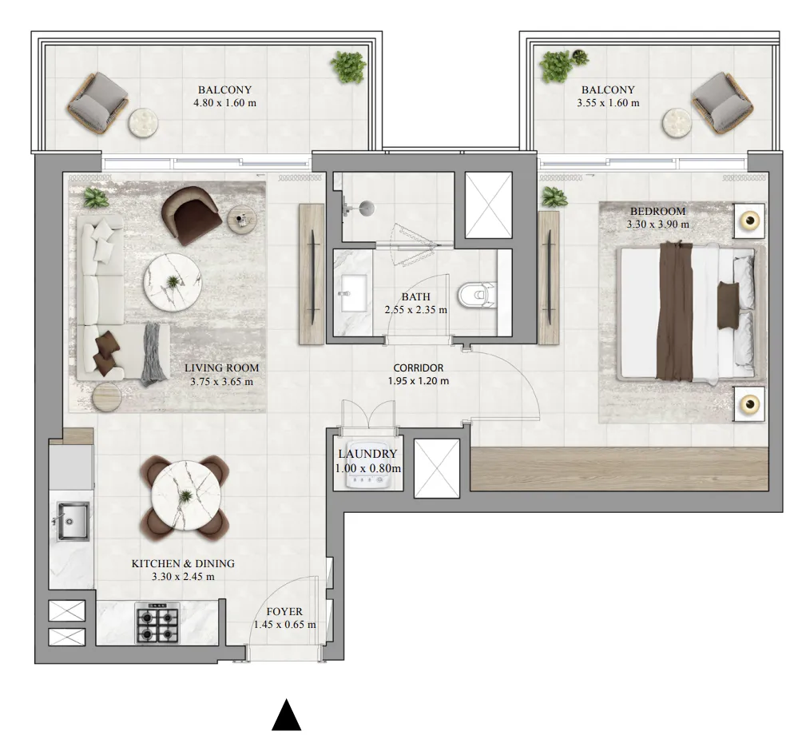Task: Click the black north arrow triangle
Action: [x=287, y=715]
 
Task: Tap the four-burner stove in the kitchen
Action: [x=157, y=623]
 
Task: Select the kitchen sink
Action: [x=73, y=521]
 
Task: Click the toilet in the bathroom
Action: [x=477, y=295]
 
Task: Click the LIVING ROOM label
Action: [x=221, y=368]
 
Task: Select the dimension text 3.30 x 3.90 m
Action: [x=657, y=224]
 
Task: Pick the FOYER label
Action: [x=284, y=611]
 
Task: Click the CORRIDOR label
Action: [x=419, y=368]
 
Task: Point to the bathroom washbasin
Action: [x=353, y=293]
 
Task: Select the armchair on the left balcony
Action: [x=97, y=104]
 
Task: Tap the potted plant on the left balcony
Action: [x=348, y=67]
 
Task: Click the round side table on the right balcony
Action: [x=677, y=123]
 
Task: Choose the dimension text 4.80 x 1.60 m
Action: [x=225, y=103]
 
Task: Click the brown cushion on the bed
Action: [x=728, y=305]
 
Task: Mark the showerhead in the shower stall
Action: [x=366, y=208]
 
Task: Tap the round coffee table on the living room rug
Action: [x=173, y=282]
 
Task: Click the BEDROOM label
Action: [x=657, y=211]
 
